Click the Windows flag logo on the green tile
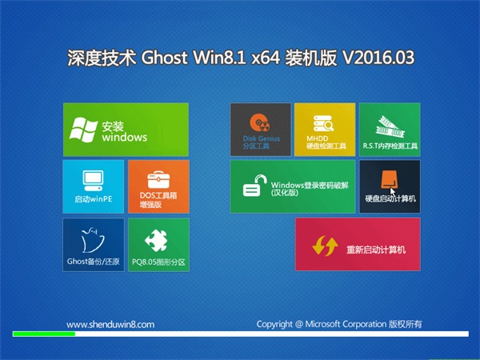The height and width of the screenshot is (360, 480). (83, 130)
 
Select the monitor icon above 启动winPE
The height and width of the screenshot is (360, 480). (93, 181)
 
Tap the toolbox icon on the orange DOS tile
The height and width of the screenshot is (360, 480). (158, 180)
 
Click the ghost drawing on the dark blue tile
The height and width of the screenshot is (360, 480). (93, 240)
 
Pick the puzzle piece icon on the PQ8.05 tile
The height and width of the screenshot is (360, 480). (157, 241)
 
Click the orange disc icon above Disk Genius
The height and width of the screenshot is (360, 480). (260, 123)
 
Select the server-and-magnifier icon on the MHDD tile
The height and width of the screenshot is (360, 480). (323, 124)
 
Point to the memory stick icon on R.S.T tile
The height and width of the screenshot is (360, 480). (390, 127)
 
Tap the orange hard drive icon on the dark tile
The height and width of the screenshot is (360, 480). (389, 179)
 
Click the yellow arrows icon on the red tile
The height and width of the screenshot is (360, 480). (325, 246)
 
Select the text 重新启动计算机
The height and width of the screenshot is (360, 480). (376, 250)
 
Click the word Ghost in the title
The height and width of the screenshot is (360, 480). (164, 58)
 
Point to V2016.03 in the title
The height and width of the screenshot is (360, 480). (378, 58)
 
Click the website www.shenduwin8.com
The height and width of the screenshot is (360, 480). (110, 325)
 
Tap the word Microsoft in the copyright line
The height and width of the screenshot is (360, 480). (322, 324)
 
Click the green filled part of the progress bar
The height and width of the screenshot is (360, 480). (44, 334)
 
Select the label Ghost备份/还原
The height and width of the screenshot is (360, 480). (94, 262)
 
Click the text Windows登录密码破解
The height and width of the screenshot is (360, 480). (310, 186)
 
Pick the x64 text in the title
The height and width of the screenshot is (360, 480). (266, 58)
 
